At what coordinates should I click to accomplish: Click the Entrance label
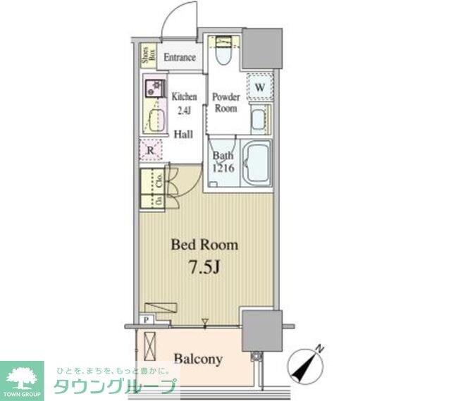click(x=180, y=58)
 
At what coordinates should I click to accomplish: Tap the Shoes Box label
click(x=146, y=56)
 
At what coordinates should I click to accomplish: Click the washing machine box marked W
click(x=259, y=87)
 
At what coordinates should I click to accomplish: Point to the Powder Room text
click(x=226, y=103)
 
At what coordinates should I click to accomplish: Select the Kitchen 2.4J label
click(x=184, y=104)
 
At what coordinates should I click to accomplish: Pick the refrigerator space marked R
click(x=150, y=149)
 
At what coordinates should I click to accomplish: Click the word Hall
click(x=183, y=133)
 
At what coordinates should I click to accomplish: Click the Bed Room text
click(x=205, y=245)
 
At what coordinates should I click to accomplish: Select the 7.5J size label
click(x=205, y=268)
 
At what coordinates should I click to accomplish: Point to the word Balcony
click(x=199, y=359)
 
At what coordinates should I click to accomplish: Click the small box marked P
click(x=146, y=319)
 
